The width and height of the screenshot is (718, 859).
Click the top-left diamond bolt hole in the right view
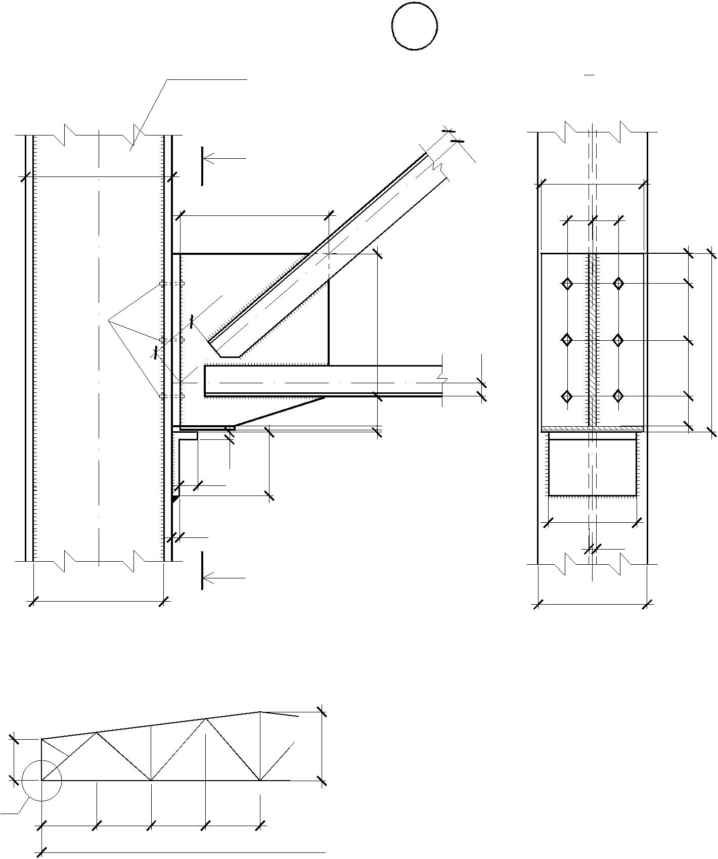coord(567,284)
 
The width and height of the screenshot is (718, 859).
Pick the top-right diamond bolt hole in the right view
coord(618,284)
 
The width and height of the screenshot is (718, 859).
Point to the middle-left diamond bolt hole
coord(567,339)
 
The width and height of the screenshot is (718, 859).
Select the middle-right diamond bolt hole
coord(618,339)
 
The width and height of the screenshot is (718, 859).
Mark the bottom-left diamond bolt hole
coord(567,396)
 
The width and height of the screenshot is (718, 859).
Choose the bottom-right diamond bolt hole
coord(618,396)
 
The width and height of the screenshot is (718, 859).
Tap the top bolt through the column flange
coord(172,284)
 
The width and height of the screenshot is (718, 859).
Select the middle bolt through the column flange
coord(172,339)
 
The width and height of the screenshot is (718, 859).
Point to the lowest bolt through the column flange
coord(172,396)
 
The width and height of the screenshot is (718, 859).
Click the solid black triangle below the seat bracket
coord(175,499)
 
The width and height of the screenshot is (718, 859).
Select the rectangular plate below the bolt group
coord(592,467)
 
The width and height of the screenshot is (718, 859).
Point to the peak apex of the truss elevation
coord(260,712)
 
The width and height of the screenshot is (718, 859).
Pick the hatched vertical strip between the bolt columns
coord(592,339)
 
